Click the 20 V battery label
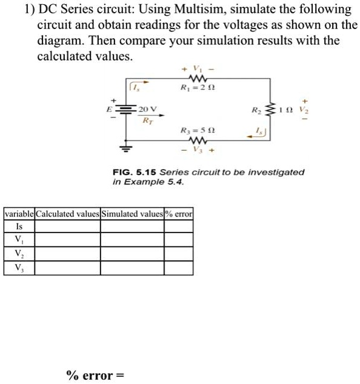coord(148,109)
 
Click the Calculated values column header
coord(67,214)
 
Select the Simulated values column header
coord(132,214)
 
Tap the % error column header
coord(179,214)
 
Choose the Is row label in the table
coord(19,227)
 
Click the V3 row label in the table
coord(19,266)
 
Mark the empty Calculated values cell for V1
coord(67,240)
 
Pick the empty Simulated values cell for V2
coord(132,253)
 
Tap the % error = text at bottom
coord(95,376)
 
